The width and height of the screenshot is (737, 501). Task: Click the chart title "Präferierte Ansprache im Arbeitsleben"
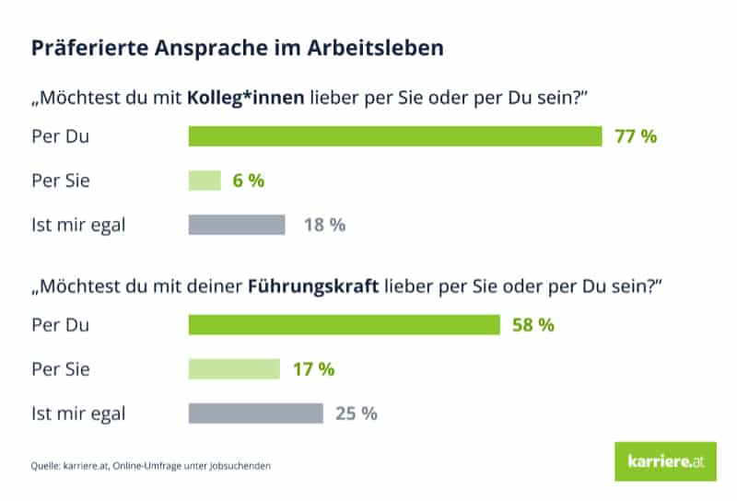coord(238,48)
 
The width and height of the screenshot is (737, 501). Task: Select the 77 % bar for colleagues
coord(395,136)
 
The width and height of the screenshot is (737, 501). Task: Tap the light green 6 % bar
coord(205,181)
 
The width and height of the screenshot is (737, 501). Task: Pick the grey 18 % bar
coord(237,225)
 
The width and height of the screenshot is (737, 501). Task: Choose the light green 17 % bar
coord(234,369)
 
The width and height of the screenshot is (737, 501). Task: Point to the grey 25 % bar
coord(256,414)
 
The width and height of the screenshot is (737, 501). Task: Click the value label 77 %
coord(636,136)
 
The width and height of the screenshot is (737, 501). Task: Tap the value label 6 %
coord(248,181)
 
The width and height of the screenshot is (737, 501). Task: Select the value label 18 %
coord(324,225)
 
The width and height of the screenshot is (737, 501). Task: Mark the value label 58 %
coord(533,325)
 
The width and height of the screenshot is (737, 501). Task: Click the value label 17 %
coord(313,369)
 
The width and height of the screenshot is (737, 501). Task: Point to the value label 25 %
coord(357,414)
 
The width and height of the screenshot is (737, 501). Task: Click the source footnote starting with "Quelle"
coord(151,466)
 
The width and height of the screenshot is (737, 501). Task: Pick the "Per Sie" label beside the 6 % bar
coord(61,181)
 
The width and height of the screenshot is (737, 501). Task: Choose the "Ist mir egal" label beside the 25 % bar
coord(78,414)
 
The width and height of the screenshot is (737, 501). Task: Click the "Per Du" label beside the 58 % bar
coord(60,325)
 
